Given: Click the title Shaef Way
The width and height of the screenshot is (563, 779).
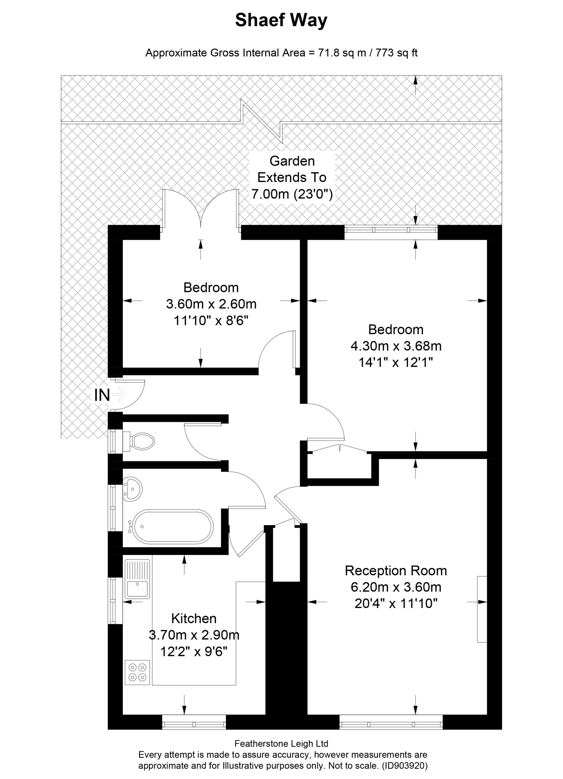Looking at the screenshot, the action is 281,20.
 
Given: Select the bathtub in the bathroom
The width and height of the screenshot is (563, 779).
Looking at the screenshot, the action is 171,526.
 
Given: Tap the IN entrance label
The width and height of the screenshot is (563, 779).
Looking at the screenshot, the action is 102,395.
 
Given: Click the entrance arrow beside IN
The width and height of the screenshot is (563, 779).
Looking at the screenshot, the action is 120,394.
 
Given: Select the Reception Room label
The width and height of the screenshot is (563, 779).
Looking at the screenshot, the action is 396,571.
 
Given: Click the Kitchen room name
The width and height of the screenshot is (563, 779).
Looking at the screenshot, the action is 194,619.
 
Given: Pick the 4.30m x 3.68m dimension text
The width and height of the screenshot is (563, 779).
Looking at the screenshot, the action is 396,346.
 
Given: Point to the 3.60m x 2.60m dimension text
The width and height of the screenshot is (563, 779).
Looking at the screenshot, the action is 211,304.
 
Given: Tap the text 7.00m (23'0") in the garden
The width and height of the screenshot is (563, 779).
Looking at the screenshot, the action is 292,194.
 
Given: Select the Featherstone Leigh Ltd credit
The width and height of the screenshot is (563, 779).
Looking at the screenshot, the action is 281,744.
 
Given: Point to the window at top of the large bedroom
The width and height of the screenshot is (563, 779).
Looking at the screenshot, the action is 391,232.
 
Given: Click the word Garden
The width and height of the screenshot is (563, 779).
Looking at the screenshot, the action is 292,161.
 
